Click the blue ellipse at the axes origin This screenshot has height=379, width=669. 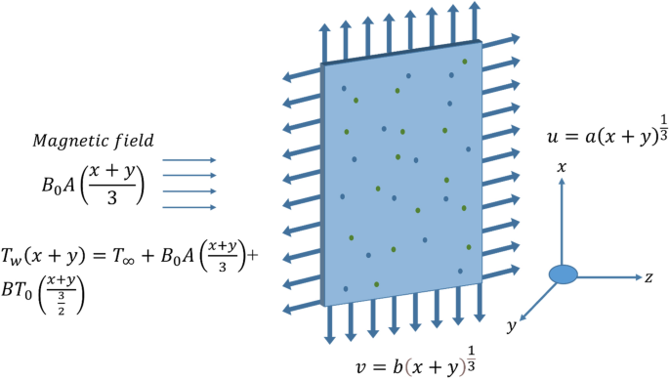[x=564, y=275]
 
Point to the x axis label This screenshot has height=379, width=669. [x=563, y=168]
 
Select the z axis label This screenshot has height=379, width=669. [x=648, y=277]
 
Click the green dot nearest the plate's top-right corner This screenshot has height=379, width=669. [x=465, y=62]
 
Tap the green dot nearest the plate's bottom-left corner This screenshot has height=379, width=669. [x=376, y=283]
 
